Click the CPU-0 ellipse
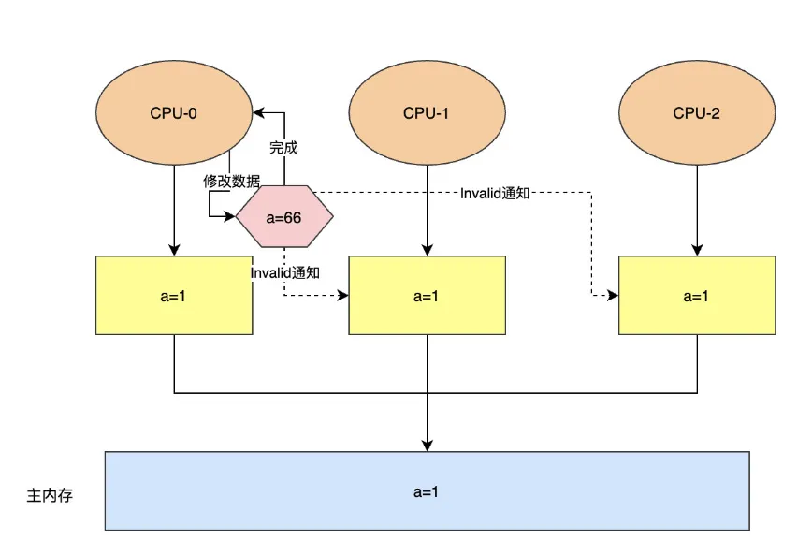174,113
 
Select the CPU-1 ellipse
427,113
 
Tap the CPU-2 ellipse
697,113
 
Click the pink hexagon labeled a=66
284,218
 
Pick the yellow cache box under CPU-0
174,296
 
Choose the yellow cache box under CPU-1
427,296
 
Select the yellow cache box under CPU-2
697,296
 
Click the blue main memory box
427,490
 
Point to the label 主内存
50,495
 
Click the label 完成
283,148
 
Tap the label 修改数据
232,182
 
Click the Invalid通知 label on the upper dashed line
496,193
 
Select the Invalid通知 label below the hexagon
285,272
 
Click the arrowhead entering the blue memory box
427,446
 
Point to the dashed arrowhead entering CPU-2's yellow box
613,296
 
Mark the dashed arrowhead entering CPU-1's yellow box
343,296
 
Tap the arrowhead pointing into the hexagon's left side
230,217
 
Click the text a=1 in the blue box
427,491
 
